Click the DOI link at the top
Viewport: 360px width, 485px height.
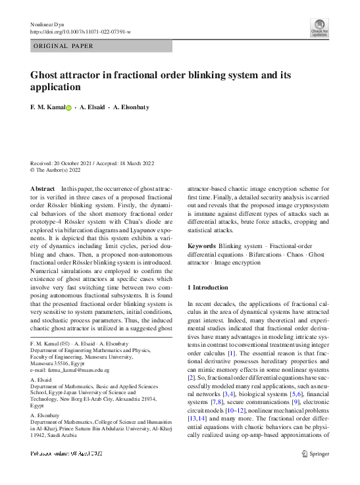[80, 32]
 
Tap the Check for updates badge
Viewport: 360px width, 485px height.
[319, 27]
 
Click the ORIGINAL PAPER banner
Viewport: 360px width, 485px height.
[64, 46]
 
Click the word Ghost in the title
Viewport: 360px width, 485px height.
[47, 75]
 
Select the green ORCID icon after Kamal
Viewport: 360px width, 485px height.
[68, 107]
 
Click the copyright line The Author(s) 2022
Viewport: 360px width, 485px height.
[60, 170]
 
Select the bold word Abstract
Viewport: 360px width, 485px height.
[42, 190]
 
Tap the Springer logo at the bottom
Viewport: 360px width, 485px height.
[314, 453]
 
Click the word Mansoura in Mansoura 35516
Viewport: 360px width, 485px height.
[44, 363]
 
